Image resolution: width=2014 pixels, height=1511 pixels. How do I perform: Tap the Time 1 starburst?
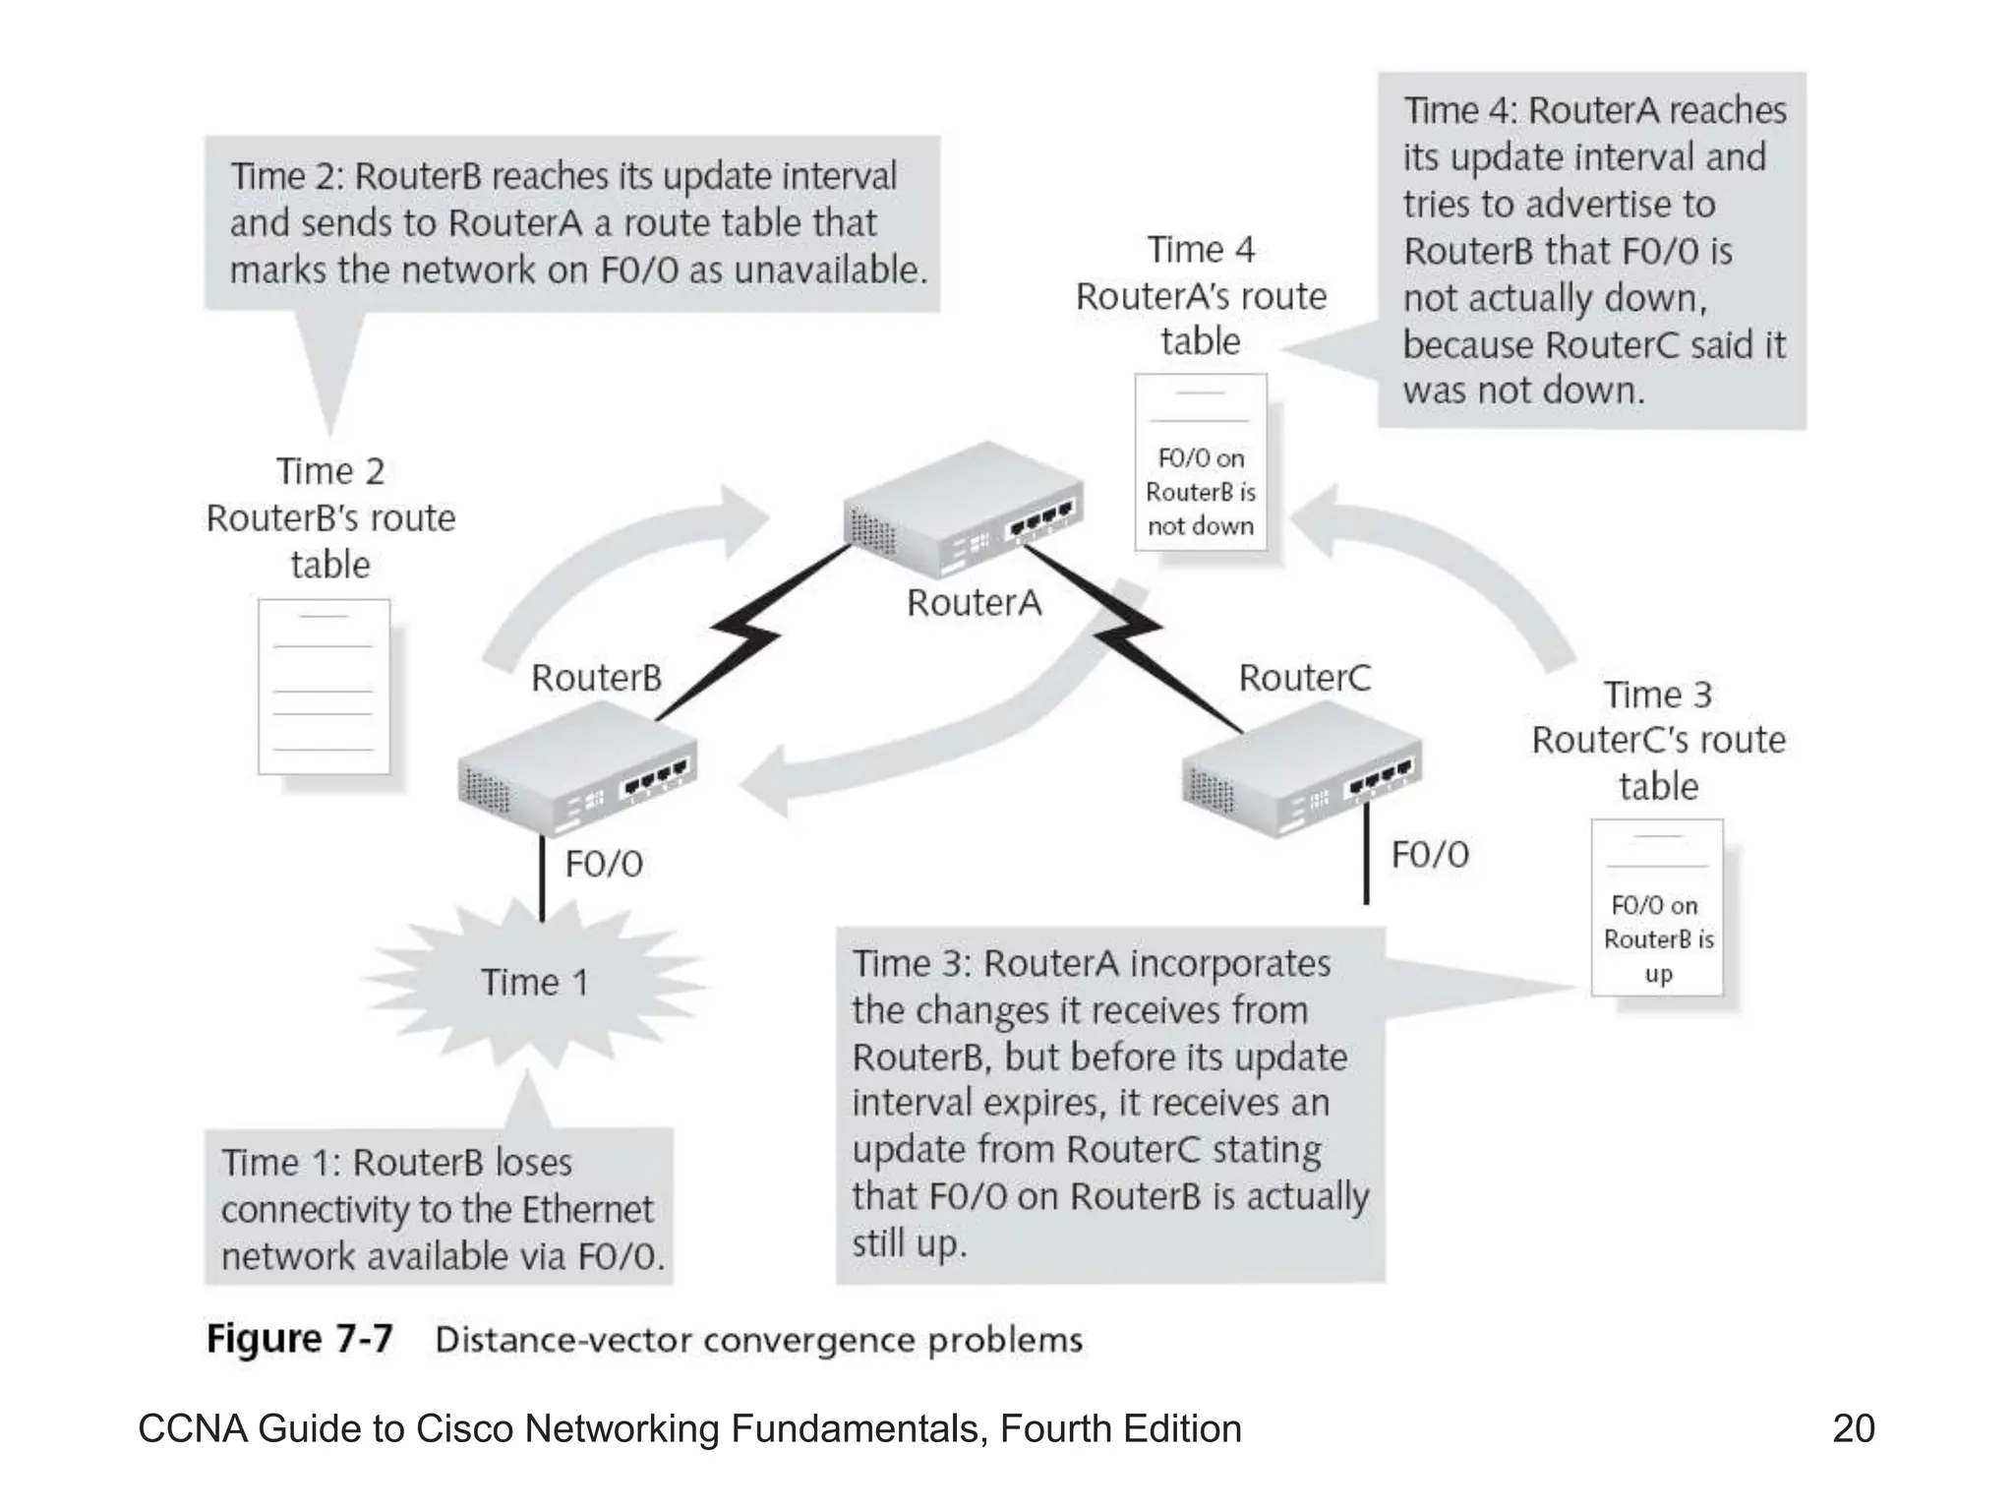point(534,982)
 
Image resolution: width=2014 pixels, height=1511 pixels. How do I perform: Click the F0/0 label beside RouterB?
point(604,864)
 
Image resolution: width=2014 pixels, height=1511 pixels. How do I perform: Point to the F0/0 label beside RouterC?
point(1430,855)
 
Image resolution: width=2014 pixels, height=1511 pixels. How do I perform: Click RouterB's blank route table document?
point(324,687)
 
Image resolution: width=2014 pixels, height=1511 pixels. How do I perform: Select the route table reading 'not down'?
point(1201,462)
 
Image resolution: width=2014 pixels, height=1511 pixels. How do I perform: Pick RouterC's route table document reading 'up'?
point(1657,907)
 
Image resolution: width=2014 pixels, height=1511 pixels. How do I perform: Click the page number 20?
point(1854,1428)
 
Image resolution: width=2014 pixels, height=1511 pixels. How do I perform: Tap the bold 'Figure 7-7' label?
point(299,1339)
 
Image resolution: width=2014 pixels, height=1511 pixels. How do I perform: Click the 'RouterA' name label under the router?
point(974,603)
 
